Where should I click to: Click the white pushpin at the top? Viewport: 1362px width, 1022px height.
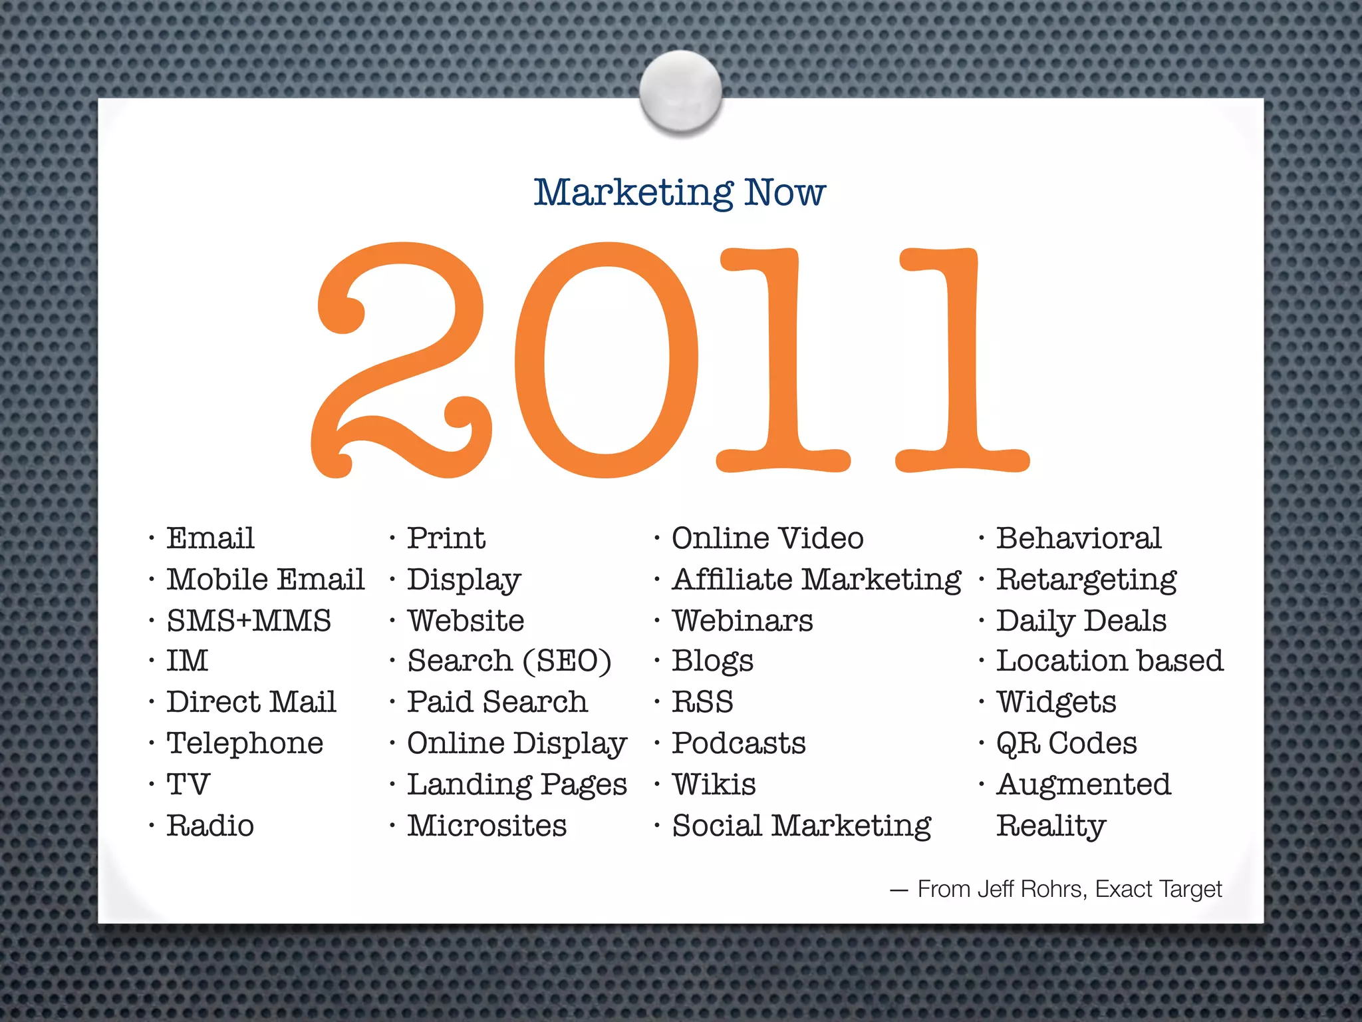[680, 91]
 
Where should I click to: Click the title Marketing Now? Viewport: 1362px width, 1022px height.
[680, 192]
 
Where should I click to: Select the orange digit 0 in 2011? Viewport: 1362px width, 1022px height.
[606, 359]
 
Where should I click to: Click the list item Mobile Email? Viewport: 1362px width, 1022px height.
[265, 580]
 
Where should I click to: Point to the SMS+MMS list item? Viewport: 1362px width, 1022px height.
[249, 621]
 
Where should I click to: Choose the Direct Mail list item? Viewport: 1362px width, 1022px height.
[251, 702]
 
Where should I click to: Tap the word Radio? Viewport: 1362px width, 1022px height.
[210, 826]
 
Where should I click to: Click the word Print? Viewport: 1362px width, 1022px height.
[446, 538]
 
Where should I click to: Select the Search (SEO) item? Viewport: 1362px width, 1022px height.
[509, 661]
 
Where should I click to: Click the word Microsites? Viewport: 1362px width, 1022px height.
[487, 826]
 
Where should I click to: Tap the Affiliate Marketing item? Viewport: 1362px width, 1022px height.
[817, 580]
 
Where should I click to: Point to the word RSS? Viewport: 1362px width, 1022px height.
[702, 702]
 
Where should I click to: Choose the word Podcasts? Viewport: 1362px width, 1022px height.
[739, 743]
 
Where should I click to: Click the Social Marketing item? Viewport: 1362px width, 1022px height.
[801, 826]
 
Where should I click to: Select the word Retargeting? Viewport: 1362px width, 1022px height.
[1087, 580]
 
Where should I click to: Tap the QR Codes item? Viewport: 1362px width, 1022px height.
[1067, 743]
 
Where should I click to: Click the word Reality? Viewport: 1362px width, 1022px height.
[1051, 826]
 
